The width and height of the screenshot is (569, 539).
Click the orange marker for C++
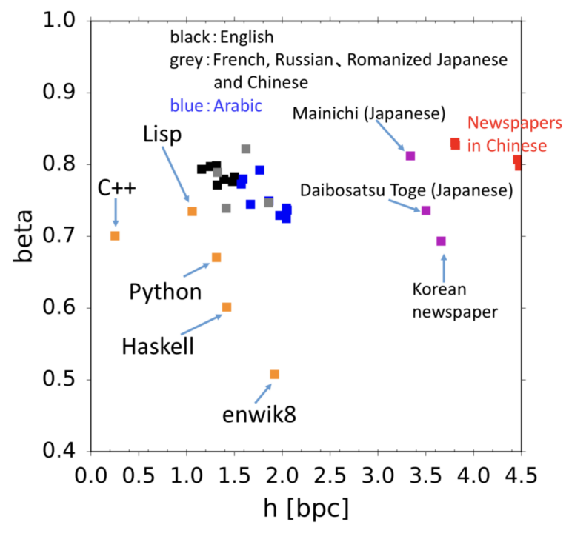115,235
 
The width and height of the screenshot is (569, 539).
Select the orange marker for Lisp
192,212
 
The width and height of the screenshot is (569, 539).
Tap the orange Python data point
216,258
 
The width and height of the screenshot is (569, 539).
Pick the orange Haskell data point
227,307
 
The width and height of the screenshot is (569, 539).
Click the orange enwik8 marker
274,375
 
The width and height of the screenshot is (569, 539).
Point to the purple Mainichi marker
410,155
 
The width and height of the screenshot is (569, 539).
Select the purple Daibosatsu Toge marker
425,211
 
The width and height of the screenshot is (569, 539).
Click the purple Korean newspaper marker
441,241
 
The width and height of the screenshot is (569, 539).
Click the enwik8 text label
259,415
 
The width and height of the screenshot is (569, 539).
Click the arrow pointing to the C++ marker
115,214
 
